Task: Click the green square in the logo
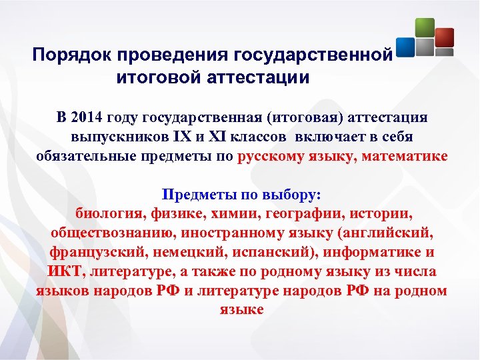pos(424,27)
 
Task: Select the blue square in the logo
pos(406,47)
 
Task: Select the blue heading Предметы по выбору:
pos(241,195)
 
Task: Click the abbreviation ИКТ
pos(66,272)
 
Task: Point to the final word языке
pos(241,310)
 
